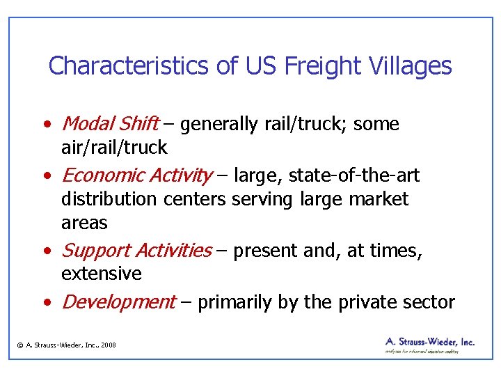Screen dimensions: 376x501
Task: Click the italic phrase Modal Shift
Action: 110,124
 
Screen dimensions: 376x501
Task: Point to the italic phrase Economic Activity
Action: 137,175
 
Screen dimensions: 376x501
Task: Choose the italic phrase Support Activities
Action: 136,250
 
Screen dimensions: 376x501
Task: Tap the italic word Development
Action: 118,301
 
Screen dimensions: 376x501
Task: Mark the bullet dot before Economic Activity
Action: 45,176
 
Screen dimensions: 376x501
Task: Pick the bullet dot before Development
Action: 45,303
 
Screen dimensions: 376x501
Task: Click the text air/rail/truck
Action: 114,148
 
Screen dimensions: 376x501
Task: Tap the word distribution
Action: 109,199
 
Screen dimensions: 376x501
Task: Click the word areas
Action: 84,223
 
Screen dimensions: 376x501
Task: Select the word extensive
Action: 101,274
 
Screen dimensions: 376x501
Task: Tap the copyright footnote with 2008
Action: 67,345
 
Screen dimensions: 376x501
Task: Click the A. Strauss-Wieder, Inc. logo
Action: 429,345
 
